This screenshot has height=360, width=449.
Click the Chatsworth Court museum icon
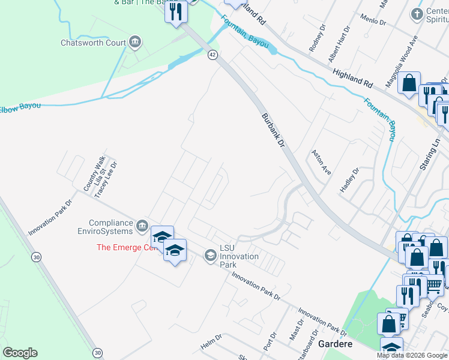pos(135,42)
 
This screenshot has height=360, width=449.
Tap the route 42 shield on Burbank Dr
pos(212,55)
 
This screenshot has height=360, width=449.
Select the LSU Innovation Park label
pos(239,256)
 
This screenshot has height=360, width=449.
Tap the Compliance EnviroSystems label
pos(110,227)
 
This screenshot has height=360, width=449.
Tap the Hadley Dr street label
pos(349,179)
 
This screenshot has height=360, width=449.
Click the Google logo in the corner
pos(20,353)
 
